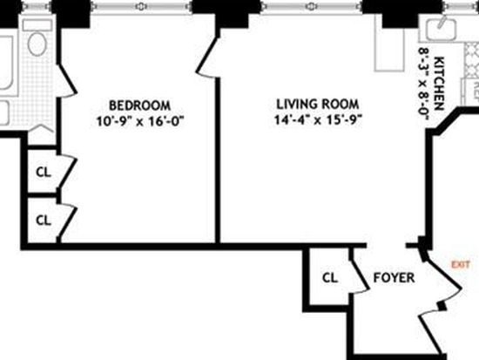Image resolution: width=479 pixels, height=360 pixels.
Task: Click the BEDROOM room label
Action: (x=139, y=105)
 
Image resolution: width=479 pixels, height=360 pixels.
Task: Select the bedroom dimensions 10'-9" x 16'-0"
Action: (x=140, y=121)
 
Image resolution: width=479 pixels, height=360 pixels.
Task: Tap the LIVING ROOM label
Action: (x=318, y=105)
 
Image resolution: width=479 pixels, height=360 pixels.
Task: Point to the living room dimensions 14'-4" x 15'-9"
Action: (x=318, y=119)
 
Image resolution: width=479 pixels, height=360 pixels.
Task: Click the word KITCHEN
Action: (x=439, y=83)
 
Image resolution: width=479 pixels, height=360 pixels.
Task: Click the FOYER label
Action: (x=394, y=278)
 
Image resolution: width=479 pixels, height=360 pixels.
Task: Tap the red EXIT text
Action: (x=461, y=265)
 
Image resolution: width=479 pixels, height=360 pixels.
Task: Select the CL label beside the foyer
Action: (x=330, y=278)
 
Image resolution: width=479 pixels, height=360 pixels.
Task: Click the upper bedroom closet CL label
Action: (x=44, y=173)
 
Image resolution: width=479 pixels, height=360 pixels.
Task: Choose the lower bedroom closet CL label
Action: (x=44, y=220)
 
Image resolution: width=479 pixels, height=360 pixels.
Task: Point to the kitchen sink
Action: (x=442, y=29)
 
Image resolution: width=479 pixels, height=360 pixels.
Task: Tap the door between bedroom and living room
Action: (x=208, y=58)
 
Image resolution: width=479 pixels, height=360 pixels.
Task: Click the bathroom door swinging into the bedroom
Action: (x=66, y=81)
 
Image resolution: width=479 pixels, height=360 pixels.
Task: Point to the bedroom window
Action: (x=141, y=6)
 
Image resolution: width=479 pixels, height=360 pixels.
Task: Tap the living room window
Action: (x=312, y=6)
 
